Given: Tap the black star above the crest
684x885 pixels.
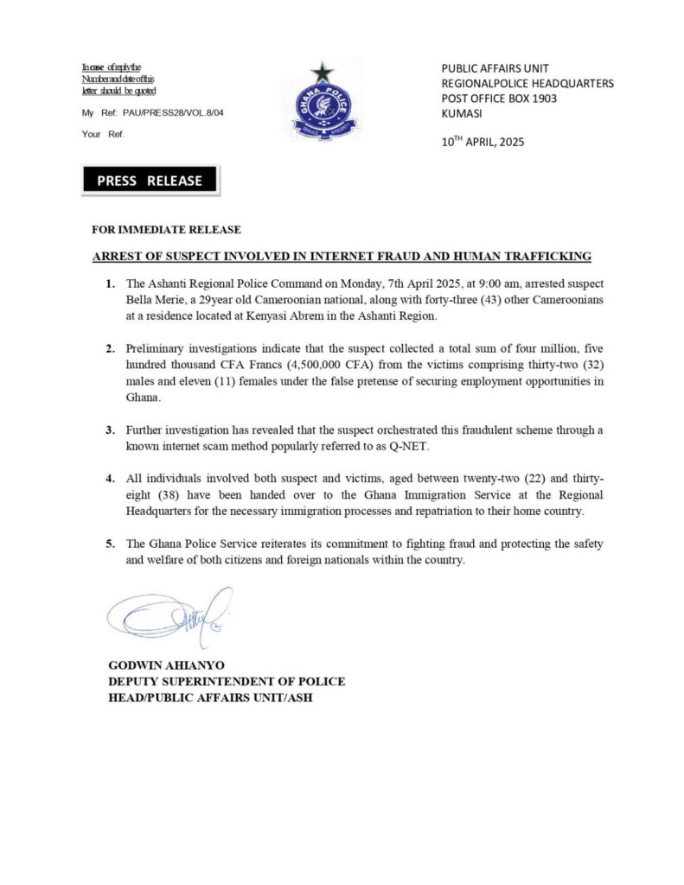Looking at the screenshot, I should coord(323,73).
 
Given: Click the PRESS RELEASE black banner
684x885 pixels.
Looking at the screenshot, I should coord(150,181).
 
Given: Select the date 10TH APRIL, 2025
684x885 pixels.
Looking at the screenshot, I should coord(483,142).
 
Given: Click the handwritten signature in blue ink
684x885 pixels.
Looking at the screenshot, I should coord(169,614).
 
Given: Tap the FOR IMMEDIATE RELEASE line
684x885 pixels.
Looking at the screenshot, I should coord(166,230).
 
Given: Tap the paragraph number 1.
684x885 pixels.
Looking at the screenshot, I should coord(110,283).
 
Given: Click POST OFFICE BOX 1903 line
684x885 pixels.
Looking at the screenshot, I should coord(499,99).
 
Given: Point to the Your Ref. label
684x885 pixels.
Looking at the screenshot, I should coord(103,135).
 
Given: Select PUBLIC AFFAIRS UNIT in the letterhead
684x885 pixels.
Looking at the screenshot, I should coord(495,68).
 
